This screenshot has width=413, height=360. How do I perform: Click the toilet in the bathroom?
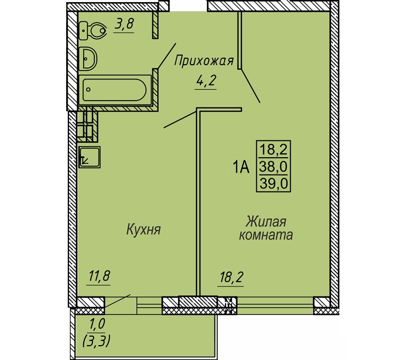pyautogui.click(x=92, y=31)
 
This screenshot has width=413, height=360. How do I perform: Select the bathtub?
pyautogui.click(x=115, y=90)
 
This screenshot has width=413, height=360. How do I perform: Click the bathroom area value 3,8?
pyautogui.click(x=124, y=24)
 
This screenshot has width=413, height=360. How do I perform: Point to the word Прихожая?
pyautogui.click(x=204, y=61)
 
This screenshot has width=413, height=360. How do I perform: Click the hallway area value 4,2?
pyautogui.click(x=205, y=82)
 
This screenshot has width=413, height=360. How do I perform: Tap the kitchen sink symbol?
pyautogui.click(x=89, y=157)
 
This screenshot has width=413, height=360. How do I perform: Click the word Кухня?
pyautogui.click(x=143, y=229)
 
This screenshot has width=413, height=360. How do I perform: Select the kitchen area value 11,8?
pyautogui.click(x=99, y=277)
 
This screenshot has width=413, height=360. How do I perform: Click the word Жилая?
pyautogui.click(x=266, y=222)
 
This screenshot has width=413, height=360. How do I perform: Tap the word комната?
pyautogui.click(x=266, y=235)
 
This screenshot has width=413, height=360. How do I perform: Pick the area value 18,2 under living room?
pyautogui.click(x=231, y=277)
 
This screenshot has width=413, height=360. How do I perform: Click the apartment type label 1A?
pyautogui.click(x=241, y=167)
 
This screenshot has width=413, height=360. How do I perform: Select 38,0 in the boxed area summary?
pyautogui.click(x=273, y=167)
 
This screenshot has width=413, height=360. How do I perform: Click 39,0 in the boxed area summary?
pyautogui.click(x=273, y=183)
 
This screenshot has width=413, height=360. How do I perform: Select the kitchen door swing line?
pyautogui.click(x=180, y=120)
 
